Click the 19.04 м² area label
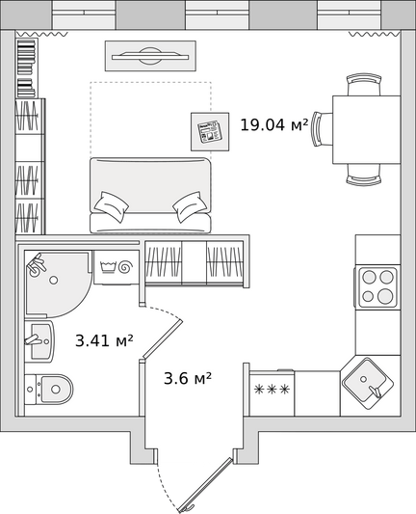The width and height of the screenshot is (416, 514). [x=274, y=125]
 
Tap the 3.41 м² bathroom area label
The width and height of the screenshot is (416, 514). [x=104, y=340]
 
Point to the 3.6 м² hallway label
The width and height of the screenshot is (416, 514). [x=188, y=378]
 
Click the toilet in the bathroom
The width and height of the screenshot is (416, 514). [x=49, y=390]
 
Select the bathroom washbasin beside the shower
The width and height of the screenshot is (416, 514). [x=39, y=341]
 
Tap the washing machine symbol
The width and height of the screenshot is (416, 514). [x=117, y=267]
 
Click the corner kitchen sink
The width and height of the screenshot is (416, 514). [x=368, y=384]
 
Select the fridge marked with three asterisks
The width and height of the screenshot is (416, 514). [x=272, y=393]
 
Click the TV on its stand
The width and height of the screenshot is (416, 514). [x=150, y=56]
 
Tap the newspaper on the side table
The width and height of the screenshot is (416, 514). [x=210, y=132]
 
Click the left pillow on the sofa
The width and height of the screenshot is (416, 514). [x=112, y=206]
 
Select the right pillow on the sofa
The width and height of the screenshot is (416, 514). [x=190, y=206]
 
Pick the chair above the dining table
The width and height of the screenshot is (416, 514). [x=364, y=85]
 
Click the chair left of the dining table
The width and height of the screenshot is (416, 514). [x=322, y=129]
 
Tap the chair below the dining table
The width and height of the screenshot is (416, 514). [x=364, y=175]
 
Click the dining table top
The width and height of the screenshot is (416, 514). [x=367, y=129]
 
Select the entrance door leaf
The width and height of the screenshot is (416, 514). [x=205, y=485]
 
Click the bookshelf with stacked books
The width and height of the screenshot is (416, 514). [x=27, y=68]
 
